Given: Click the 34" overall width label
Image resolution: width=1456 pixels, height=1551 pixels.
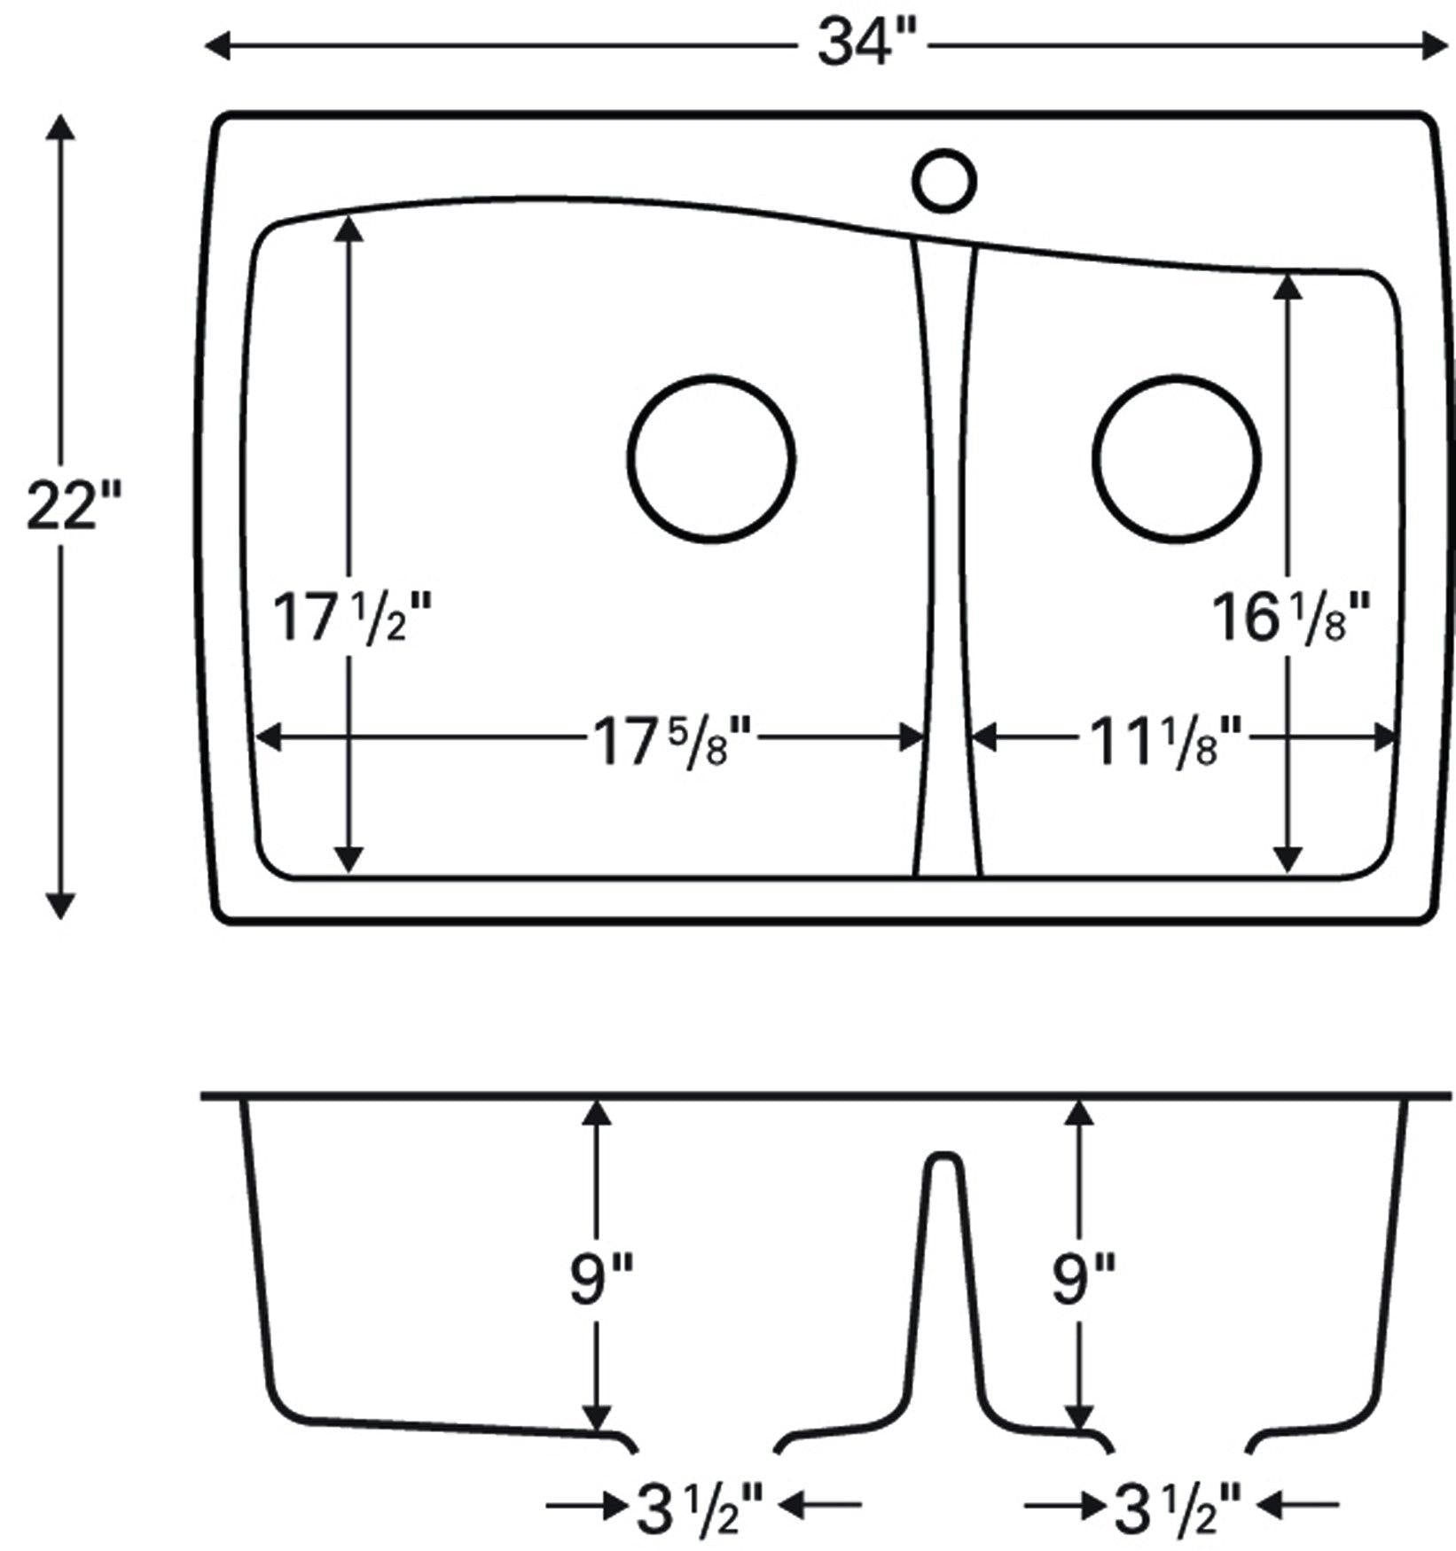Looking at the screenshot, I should [x=858, y=44].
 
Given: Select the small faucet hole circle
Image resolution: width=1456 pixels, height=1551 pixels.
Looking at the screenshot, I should [x=944, y=181].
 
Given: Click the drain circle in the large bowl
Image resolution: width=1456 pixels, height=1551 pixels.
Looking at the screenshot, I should [x=711, y=459].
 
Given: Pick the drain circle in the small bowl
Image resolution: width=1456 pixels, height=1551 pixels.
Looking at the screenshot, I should [x=1177, y=459].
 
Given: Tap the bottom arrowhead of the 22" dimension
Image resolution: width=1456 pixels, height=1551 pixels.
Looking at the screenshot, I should [x=60, y=907].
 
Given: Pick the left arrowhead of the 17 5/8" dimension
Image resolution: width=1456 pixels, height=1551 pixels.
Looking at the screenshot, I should [x=268, y=737].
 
